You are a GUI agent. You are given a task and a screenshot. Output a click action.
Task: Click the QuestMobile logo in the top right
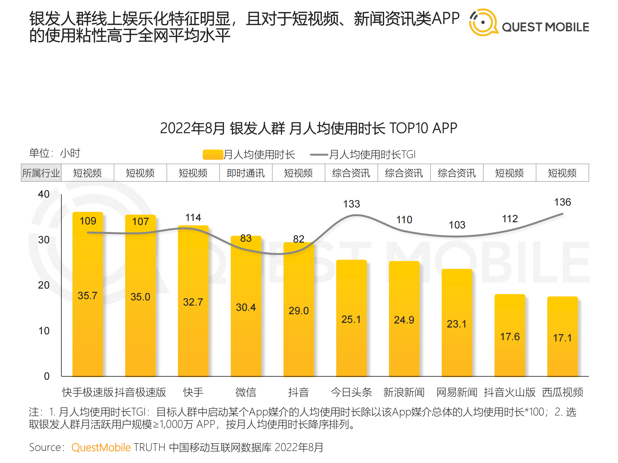point(528,23)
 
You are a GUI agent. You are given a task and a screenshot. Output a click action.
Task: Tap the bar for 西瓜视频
point(562,355)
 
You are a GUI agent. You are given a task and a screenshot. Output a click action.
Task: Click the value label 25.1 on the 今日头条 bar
point(351,319)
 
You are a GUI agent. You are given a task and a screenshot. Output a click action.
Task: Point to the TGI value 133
point(352,204)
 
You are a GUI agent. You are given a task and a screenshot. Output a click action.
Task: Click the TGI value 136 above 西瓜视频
point(562,202)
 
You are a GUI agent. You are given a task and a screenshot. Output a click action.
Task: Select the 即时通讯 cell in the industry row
point(246,173)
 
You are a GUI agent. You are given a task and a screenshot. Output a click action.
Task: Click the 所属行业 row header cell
point(41,173)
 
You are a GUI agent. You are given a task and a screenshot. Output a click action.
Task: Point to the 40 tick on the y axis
point(44,194)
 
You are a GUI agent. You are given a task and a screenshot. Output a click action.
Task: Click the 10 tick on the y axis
point(44,331)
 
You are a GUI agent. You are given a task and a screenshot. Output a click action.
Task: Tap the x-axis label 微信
point(246,392)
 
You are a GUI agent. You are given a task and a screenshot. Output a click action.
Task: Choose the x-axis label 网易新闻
point(457,392)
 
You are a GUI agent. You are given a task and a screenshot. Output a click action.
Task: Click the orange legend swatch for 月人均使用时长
point(213,154)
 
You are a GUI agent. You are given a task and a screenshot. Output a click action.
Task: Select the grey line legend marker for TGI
point(319,154)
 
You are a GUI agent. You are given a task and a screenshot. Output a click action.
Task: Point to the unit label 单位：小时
point(55,153)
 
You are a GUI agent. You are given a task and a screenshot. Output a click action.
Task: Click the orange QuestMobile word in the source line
point(101,447)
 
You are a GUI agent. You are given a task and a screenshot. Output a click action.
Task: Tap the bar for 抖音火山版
point(510,355)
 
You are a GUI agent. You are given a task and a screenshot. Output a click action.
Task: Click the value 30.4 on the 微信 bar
point(246,307)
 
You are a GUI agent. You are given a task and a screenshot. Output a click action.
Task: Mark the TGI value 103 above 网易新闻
point(457,225)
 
